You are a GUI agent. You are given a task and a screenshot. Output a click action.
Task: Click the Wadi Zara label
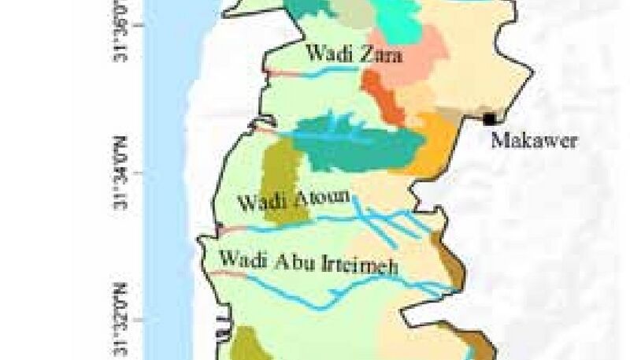pyautogui.click(x=354, y=56)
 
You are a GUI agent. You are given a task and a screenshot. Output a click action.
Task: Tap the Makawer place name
pyautogui.click(x=534, y=141)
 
